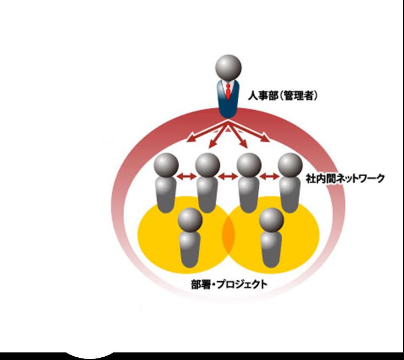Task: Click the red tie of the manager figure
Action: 229,92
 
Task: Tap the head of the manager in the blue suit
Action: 228,68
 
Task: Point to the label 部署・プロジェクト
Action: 229,283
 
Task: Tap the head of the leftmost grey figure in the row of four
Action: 166,165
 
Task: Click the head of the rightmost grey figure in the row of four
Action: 290,165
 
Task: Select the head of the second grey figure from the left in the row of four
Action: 207,165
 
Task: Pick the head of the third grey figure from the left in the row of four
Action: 249,165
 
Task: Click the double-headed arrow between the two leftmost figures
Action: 186,176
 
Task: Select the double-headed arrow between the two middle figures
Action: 228,176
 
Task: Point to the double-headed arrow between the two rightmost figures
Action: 269,176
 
